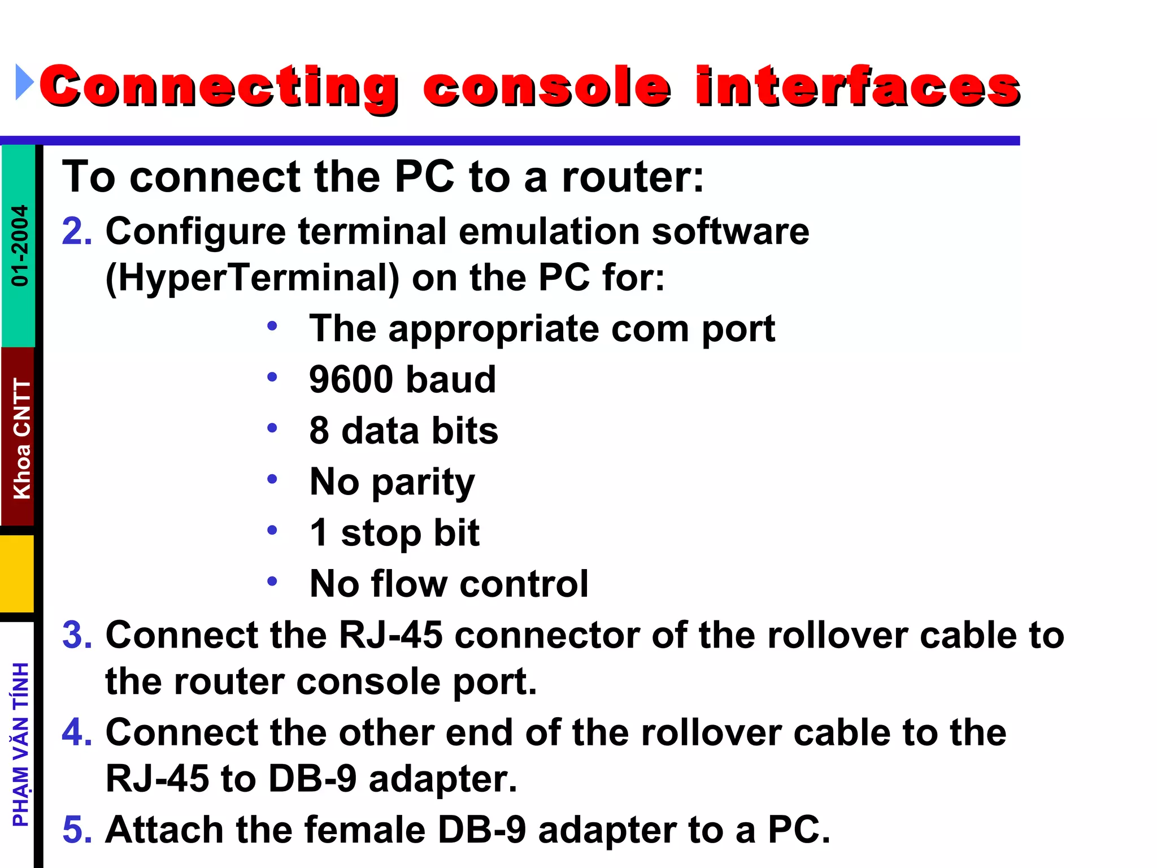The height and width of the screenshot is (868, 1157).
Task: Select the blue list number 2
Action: point(77,231)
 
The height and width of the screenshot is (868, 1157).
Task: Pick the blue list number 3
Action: point(77,635)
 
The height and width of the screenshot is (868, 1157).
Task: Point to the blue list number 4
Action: point(77,732)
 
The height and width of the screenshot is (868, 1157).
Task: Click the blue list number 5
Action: point(77,830)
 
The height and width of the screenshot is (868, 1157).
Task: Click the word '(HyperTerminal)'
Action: point(252,278)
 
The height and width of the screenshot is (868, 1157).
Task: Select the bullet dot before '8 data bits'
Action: point(272,428)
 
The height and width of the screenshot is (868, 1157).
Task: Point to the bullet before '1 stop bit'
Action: point(272,530)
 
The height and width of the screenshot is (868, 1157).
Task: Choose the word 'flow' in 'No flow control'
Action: point(410,583)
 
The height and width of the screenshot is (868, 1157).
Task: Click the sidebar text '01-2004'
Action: point(20,246)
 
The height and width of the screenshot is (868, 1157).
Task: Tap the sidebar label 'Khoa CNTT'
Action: point(21,439)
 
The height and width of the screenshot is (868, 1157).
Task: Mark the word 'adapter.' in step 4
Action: point(442,779)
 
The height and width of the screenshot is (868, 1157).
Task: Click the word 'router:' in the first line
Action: point(633,177)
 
